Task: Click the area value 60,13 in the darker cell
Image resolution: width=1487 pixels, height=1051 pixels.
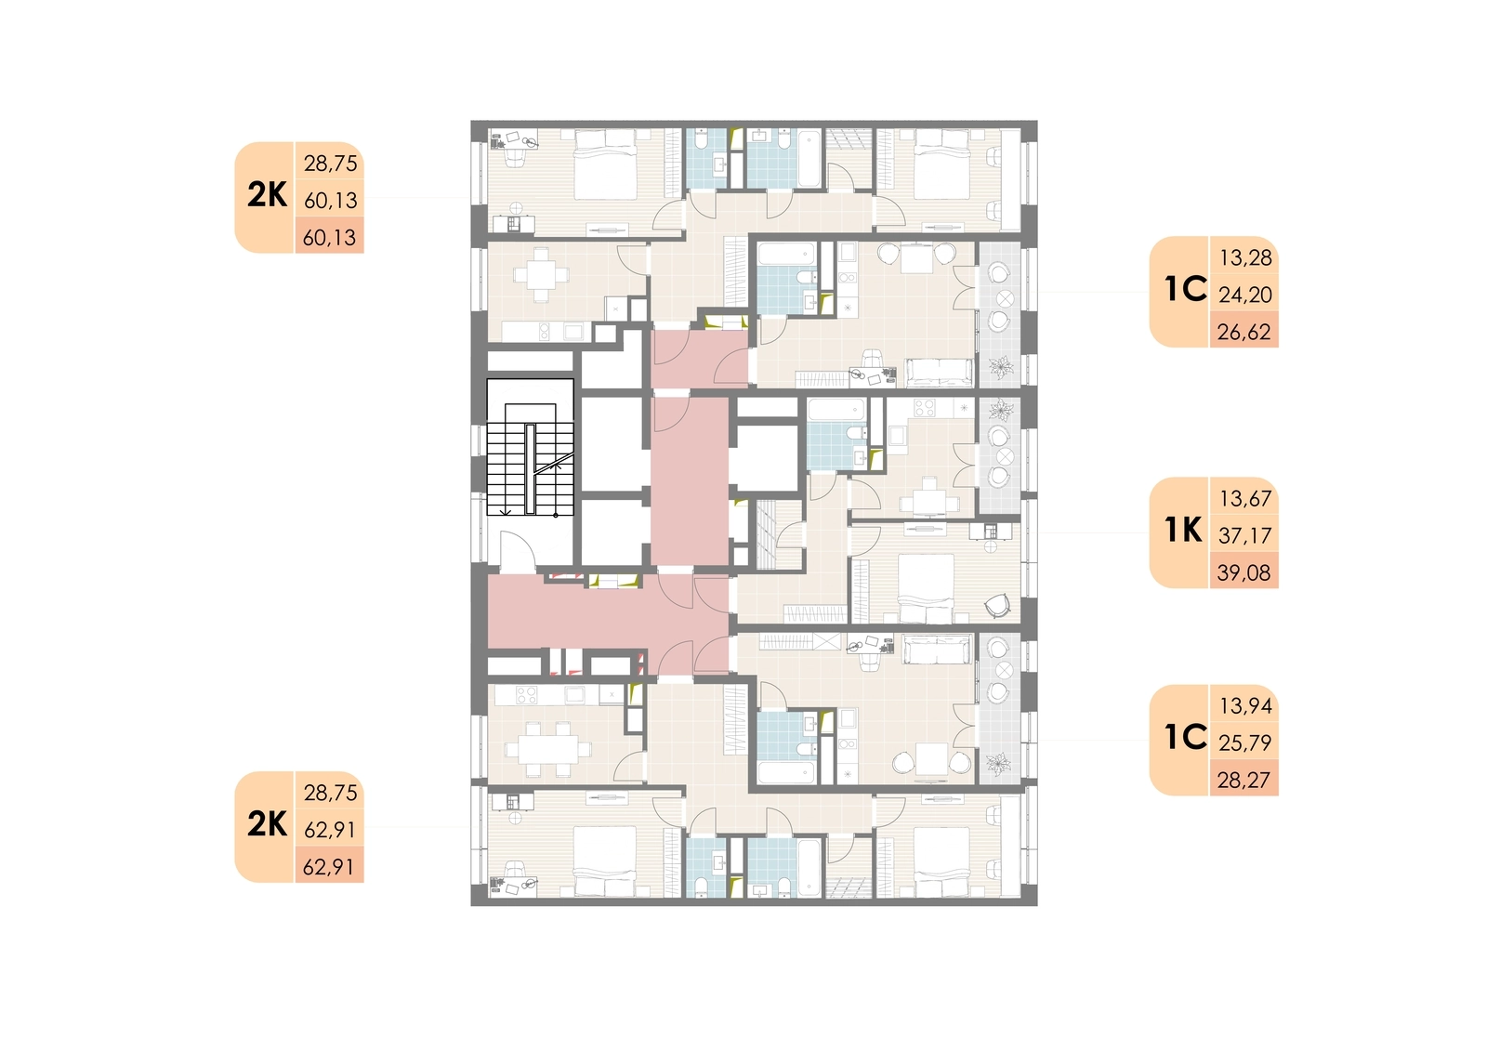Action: click(329, 237)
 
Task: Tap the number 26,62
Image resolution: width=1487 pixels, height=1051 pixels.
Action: click(1244, 332)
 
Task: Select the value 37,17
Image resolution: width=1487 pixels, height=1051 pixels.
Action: click(1244, 535)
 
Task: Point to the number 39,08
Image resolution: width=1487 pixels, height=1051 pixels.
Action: click(1244, 572)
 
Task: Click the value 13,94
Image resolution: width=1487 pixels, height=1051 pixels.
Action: click(1245, 705)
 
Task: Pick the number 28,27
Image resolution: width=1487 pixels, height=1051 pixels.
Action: click(1244, 780)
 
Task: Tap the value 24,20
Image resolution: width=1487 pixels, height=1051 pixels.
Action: click(1244, 295)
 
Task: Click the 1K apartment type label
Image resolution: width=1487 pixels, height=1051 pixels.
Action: click(1183, 530)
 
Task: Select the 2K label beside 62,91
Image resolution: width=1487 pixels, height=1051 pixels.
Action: click(267, 824)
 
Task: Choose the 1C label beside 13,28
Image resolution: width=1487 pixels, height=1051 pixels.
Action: click(1185, 290)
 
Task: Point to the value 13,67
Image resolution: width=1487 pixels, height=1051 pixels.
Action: click(1245, 498)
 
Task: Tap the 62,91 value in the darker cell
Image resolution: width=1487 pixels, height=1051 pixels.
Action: click(329, 866)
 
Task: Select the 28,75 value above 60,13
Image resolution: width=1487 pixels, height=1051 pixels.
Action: click(330, 163)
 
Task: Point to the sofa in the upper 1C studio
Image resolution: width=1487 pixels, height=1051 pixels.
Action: click(939, 373)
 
